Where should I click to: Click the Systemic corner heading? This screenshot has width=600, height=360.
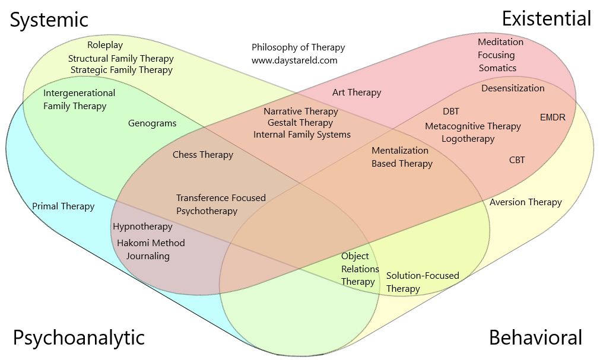pyautogui.click(x=49, y=20)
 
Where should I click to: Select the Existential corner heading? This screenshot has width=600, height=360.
pyautogui.click(x=546, y=18)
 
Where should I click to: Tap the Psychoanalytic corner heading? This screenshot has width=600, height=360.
pyautogui.click(x=78, y=337)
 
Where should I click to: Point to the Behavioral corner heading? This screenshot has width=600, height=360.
pyautogui.click(x=535, y=337)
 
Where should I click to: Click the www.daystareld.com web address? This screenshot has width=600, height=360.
pyautogui.click(x=294, y=60)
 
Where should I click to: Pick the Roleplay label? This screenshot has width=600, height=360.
pyautogui.click(x=105, y=45)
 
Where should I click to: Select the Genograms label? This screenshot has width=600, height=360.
pyautogui.click(x=153, y=123)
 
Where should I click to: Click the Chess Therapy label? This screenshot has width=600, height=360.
pyautogui.click(x=203, y=155)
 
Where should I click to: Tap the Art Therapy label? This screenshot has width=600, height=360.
pyautogui.click(x=357, y=93)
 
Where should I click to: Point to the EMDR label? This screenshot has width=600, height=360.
pyautogui.click(x=553, y=117)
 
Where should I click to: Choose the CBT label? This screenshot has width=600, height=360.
pyautogui.click(x=517, y=160)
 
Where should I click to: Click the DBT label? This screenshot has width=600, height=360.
pyautogui.click(x=451, y=111)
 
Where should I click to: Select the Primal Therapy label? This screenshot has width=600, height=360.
pyautogui.click(x=64, y=206)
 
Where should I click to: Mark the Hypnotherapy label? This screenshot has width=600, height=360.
pyautogui.click(x=142, y=227)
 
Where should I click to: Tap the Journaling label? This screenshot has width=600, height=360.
pyautogui.click(x=148, y=256)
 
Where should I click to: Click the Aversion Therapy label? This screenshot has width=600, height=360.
pyautogui.click(x=526, y=202)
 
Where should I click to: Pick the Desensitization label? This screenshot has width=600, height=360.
pyautogui.click(x=513, y=88)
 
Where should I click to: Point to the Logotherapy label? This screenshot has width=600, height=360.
pyautogui.click(x=468, y=139)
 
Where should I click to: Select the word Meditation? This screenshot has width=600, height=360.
pyautogui.click(x=500, y=42)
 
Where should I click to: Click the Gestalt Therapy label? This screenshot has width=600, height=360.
pyautogui.click(x=300, y=123)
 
